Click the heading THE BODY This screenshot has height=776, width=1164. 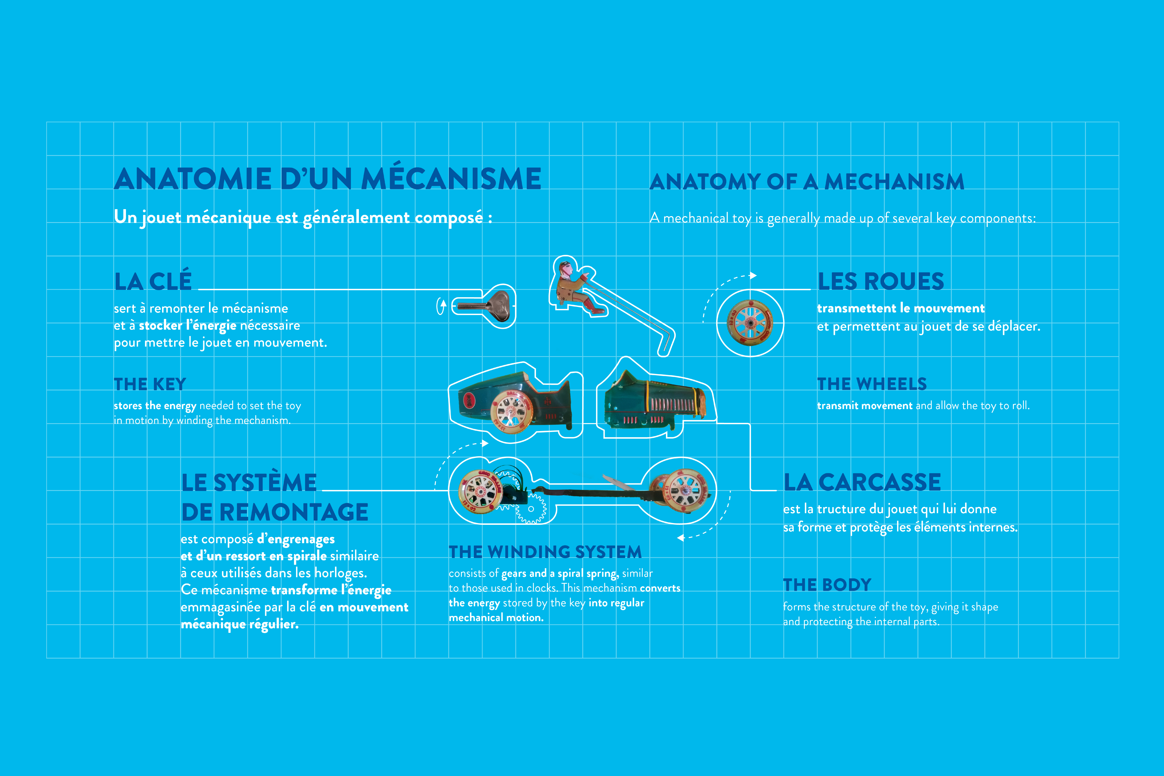pos(827,585)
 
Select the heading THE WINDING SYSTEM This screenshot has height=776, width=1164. pos(545,552)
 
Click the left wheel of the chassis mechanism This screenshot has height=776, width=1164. pos(480,491)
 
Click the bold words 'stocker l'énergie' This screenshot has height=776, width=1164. pos(188,326)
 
